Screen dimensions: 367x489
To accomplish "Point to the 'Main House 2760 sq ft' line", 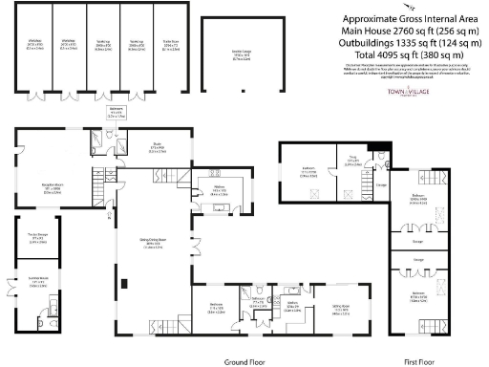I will (411, 31).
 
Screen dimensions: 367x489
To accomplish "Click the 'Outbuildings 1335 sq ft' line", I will (411, 43).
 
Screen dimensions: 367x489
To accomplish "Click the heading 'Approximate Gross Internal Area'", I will (411, 18).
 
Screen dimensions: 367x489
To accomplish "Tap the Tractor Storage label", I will (38, 238).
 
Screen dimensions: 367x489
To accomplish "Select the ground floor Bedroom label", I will (216, 310).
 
